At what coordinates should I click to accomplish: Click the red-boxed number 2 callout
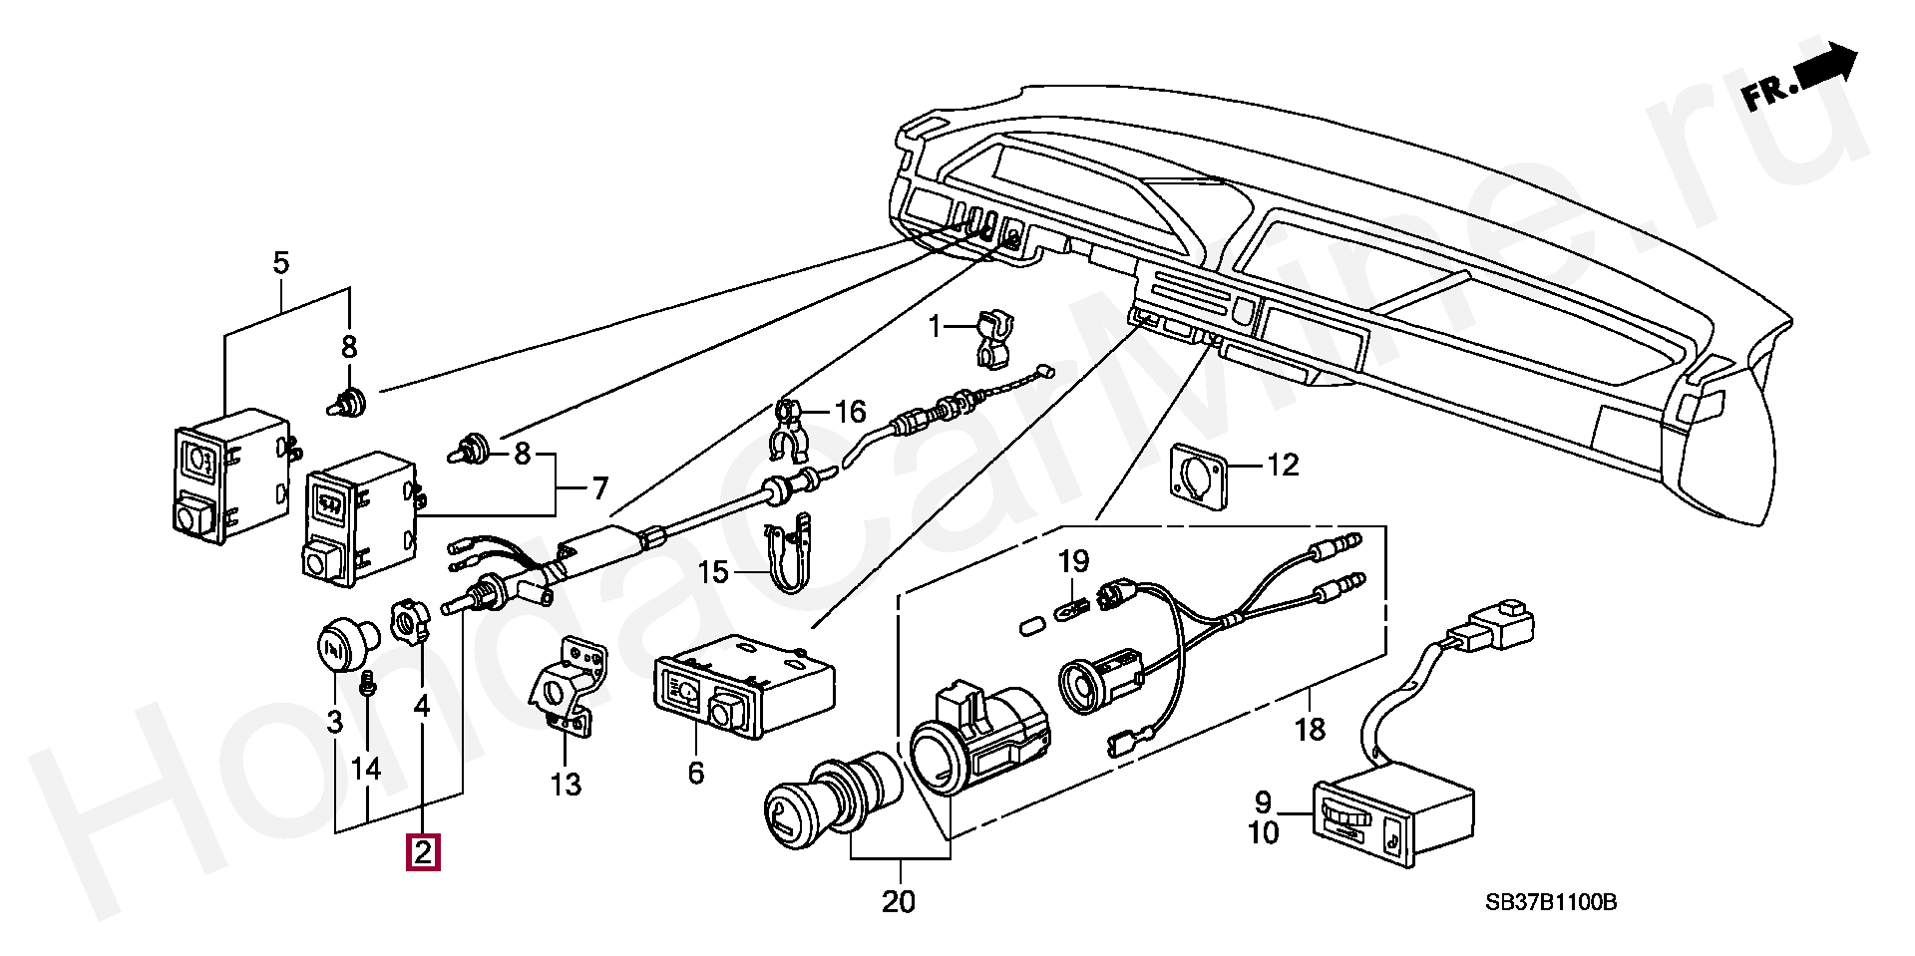coord(422,853)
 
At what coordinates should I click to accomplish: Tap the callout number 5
coord(280,236)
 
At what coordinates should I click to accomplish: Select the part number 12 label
coord(1283,465)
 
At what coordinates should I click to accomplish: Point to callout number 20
coord(898,902)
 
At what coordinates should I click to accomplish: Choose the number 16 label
coord(851,411)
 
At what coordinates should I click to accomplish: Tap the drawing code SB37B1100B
coord(1551,902)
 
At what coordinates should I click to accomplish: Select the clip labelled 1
coord(991,338)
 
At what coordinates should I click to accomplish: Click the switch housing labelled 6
coord(742,687)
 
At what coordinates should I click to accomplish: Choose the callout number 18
coord(1311,729)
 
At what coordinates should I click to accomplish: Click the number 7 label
coord(598,488)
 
